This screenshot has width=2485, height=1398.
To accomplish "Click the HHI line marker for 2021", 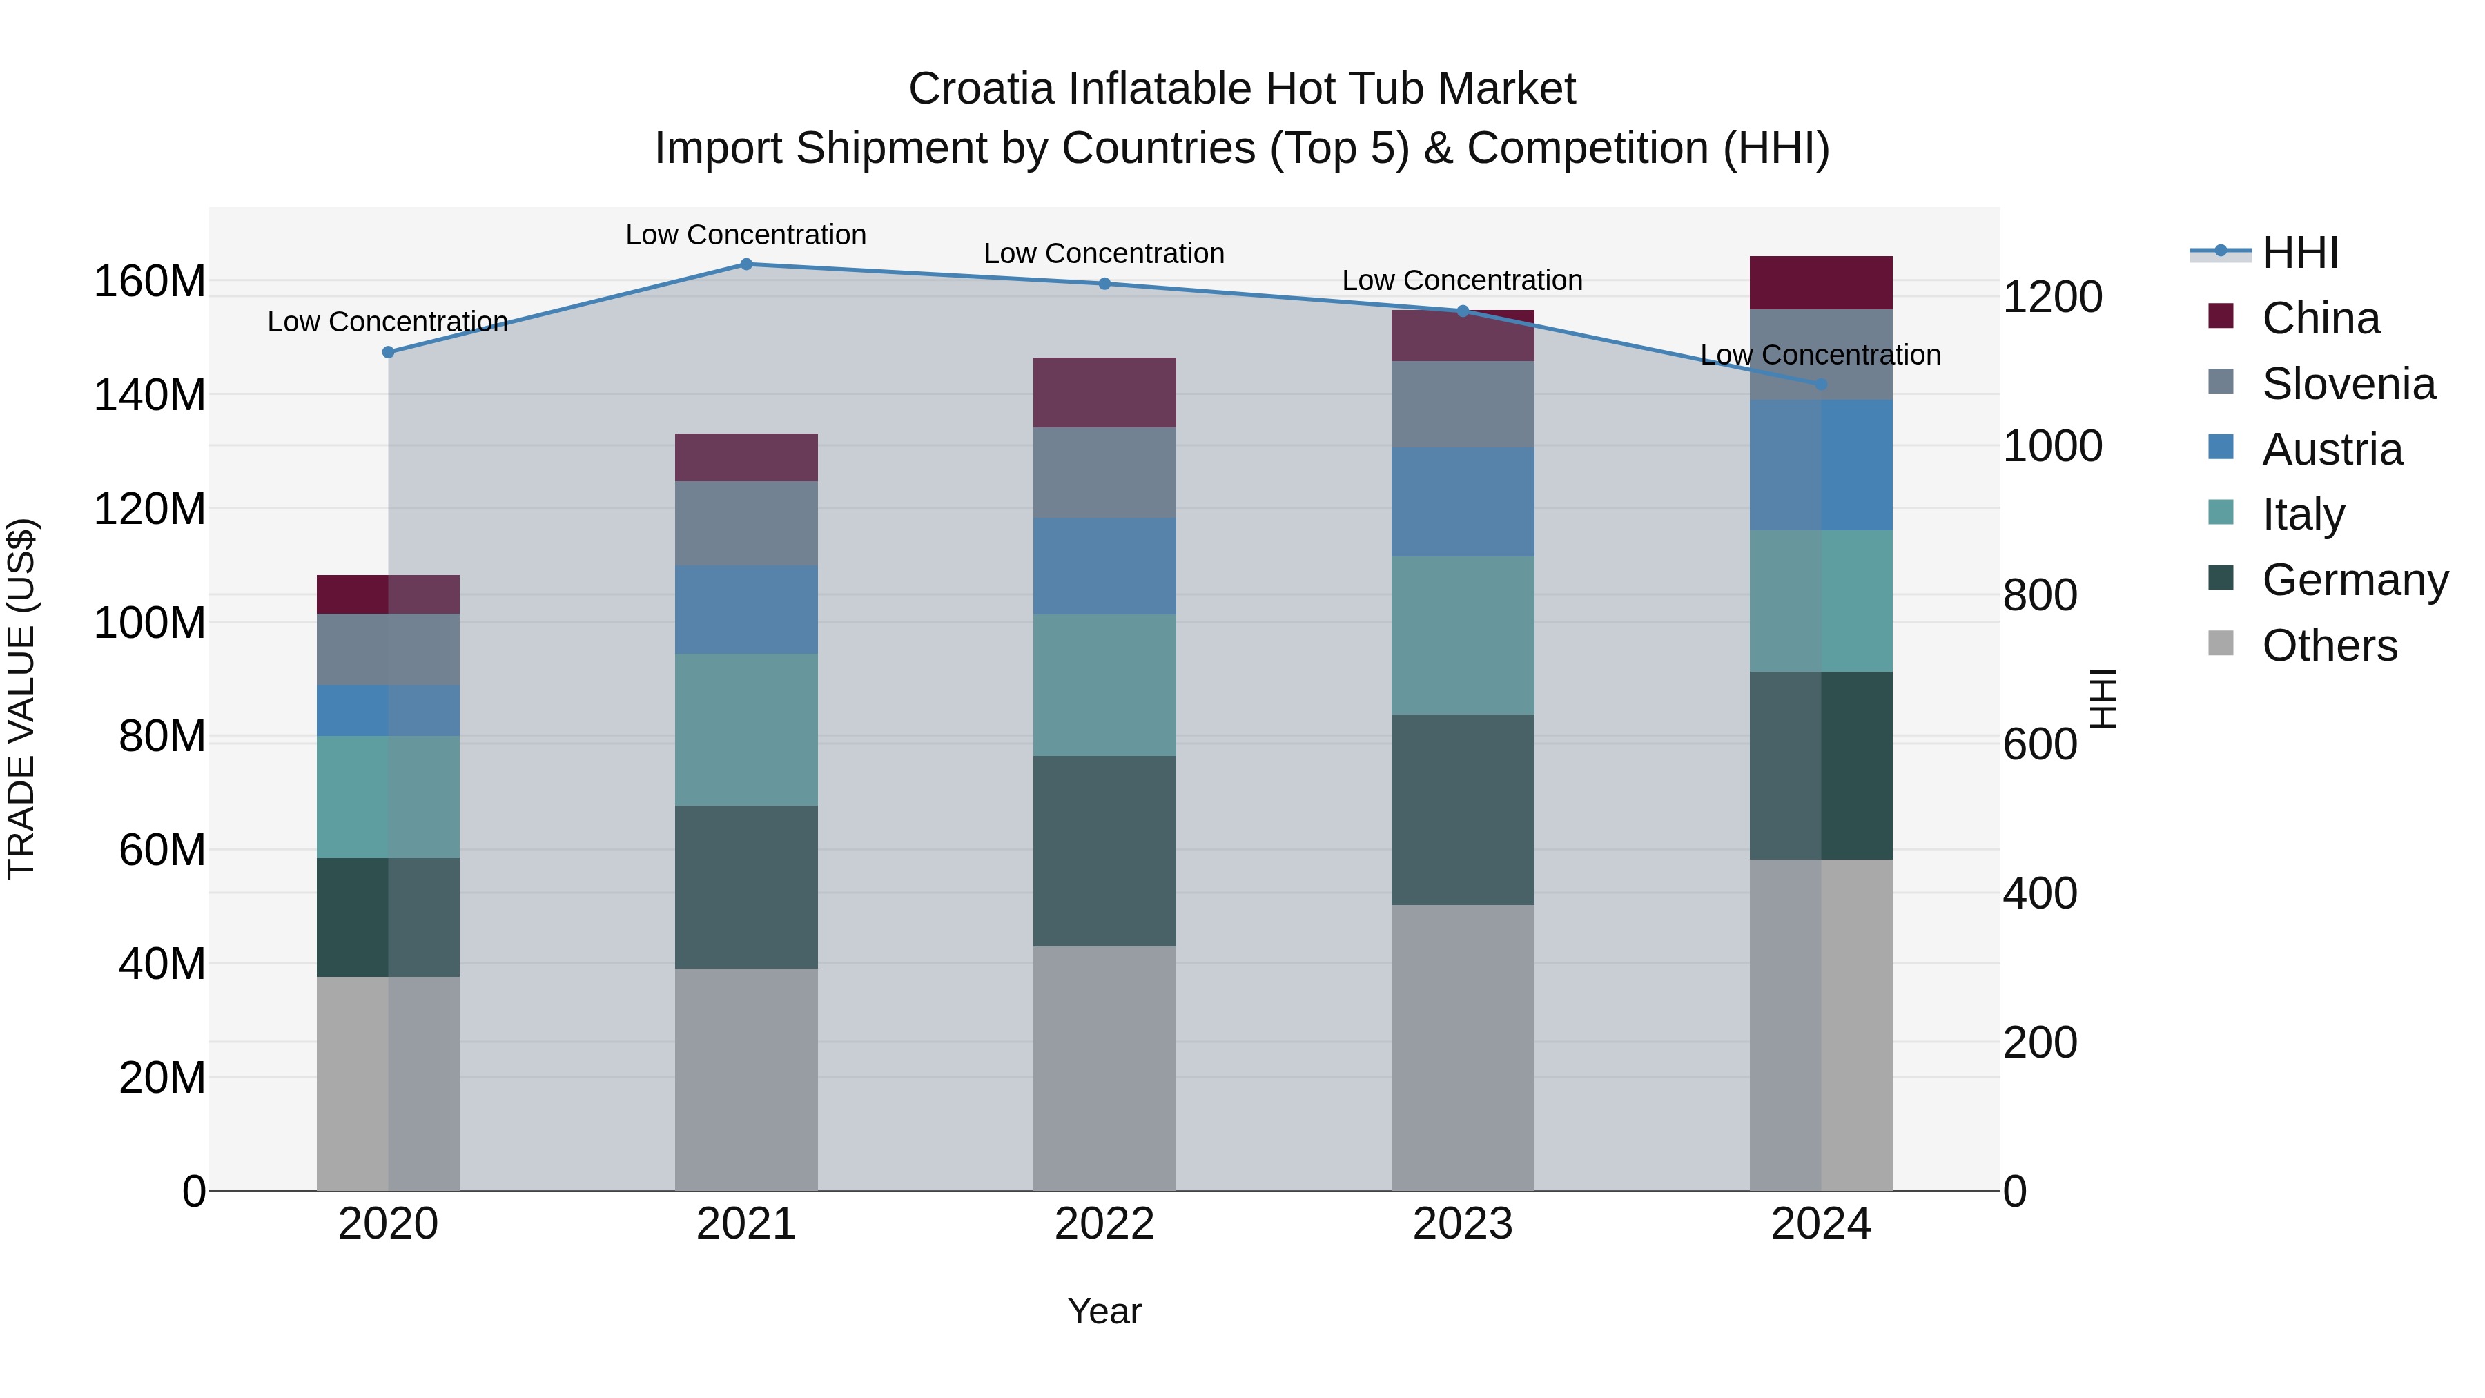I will click(745, 264).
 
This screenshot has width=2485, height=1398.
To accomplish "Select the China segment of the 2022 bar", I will click(1104, 393).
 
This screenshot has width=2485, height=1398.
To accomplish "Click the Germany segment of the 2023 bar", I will click(1463, 810).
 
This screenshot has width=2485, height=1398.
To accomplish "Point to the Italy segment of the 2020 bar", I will click(388, 797).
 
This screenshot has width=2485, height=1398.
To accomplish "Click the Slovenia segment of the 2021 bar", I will click(745, 523).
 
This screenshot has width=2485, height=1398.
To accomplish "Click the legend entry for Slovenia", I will click(2348, 384).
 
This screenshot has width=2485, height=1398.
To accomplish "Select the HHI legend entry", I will click(2300, 253).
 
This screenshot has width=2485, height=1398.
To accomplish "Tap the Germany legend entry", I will click(2354, 580).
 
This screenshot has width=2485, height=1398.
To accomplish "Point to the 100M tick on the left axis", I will click(150, 623).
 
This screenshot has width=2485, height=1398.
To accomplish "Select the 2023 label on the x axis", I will click(1463, 1224).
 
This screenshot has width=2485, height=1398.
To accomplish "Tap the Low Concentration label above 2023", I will click(1463, 281).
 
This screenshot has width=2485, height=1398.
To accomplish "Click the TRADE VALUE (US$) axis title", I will click(21, 699).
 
